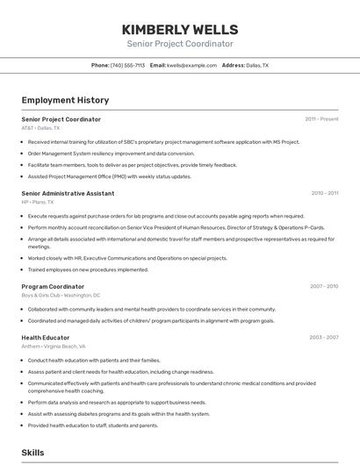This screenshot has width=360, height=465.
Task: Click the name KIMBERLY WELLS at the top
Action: (180, 29)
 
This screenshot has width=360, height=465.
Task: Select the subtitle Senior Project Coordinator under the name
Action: (180, 44)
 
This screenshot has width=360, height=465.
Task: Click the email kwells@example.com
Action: (191, 65)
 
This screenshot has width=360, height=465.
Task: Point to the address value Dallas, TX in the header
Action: (257, 65)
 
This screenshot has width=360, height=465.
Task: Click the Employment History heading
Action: (65, 100)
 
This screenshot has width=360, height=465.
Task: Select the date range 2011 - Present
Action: (321, 119)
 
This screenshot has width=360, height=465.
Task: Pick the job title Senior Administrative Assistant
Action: (68, 193)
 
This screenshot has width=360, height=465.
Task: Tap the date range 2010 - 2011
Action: (324, 193)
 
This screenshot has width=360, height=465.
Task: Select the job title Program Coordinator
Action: (53, 286)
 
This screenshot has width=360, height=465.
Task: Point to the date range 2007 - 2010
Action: (323, 286)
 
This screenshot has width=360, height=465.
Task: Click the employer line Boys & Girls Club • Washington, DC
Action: (61, 296)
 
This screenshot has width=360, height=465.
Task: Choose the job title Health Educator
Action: (46, 337)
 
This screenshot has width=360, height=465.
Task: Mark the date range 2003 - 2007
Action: (323, 337)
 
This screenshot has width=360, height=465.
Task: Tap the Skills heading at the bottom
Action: (32, 452)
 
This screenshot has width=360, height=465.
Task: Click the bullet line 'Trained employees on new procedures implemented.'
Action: (88, 269)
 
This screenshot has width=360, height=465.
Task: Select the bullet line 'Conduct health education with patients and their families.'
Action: (94, 360)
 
